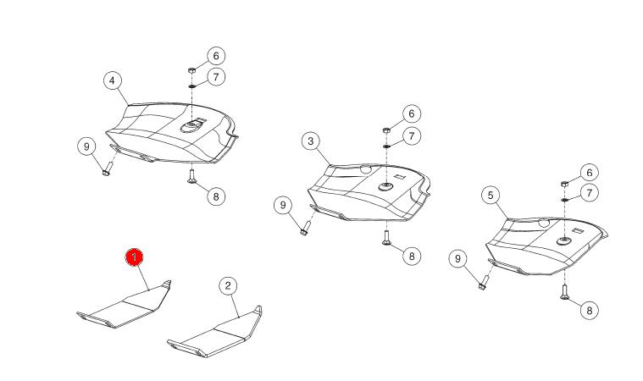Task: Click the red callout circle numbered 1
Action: coord(134,257)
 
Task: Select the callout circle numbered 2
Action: coord(228,285)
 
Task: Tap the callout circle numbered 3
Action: coord(310,141)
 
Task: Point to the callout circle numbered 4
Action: coord(113,80)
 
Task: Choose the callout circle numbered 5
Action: coord(491,196)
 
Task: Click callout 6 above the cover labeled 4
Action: coord(216,56)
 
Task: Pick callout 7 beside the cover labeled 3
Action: coord(412,135)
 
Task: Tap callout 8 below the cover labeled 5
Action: coord(590,310)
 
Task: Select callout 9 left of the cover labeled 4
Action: coord(86,146)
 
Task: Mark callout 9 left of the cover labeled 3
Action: coord(283,205)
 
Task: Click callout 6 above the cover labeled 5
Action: coord(590,173)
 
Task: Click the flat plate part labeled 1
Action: coord(123,305)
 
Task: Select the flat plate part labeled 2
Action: coord(214,333)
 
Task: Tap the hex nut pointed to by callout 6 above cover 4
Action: coord(191,70)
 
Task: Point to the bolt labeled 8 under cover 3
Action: coord(386,238)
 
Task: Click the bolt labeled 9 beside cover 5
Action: coord(484,283)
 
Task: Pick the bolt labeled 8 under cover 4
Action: coord(191,177)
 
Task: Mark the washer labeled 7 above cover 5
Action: coord(565,199)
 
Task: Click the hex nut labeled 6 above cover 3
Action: coord(386,130)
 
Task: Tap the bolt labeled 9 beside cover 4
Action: coord(108,168)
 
